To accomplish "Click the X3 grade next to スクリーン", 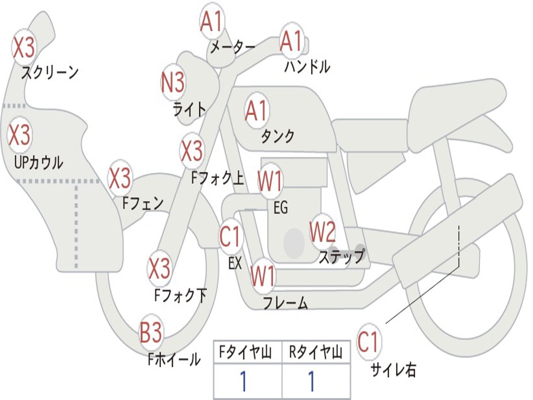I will point(23,47).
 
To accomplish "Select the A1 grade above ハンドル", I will point(291,41).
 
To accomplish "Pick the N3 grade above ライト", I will point(173,82).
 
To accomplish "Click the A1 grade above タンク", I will point(256,110).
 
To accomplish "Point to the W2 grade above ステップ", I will point(322,232).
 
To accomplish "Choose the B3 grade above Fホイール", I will point(151,332).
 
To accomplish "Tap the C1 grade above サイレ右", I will point(369,342).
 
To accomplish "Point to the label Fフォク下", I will point(180,296).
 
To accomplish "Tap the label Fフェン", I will point(143,203).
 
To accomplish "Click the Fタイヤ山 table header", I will point(247,353).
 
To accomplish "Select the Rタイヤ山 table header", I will point(315,353).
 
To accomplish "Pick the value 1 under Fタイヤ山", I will point(243,382).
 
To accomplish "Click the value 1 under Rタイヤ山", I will point(311,382).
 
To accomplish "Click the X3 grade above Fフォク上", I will point(192,151).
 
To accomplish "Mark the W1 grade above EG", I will point(270,182).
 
